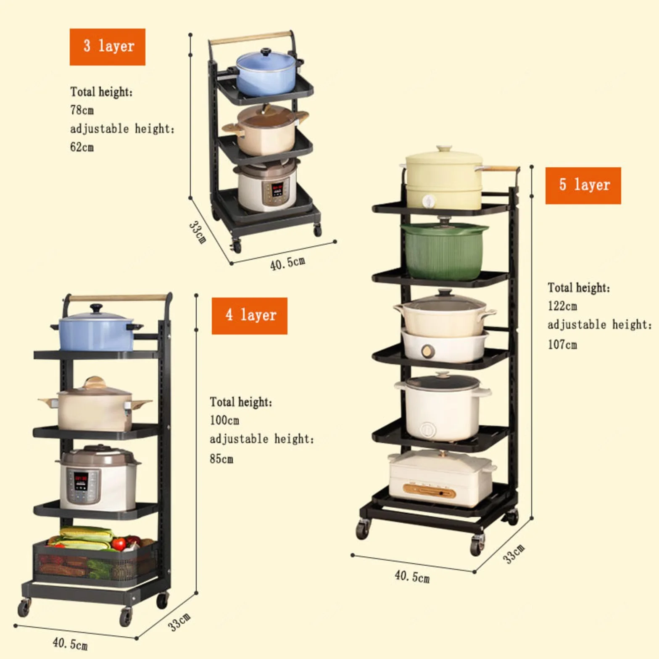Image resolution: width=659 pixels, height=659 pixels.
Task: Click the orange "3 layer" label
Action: point(108,47)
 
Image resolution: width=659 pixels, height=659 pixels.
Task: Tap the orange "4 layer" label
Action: point(250,316)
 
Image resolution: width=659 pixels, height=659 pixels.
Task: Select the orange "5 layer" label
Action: point(583,185)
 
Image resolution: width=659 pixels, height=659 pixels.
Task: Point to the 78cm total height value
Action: point(82,110)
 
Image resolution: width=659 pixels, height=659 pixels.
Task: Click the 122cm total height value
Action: point(562,306)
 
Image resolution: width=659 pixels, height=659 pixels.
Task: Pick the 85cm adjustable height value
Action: point(221,459)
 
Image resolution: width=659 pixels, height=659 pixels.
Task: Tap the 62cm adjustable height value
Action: point(82,147)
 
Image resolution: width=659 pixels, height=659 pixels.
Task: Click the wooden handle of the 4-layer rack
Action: point(117,298)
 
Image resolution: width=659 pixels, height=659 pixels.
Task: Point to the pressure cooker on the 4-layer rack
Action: point(98,477)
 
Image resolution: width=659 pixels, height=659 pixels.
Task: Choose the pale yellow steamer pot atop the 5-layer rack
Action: point(444,178)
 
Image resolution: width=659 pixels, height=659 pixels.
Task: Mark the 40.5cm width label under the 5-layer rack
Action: point(412,576)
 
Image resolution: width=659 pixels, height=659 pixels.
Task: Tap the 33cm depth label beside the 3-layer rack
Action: point(197,232)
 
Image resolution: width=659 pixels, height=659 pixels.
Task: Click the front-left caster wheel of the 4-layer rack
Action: point(24,608)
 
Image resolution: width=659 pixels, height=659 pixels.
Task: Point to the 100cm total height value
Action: point(224,420)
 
